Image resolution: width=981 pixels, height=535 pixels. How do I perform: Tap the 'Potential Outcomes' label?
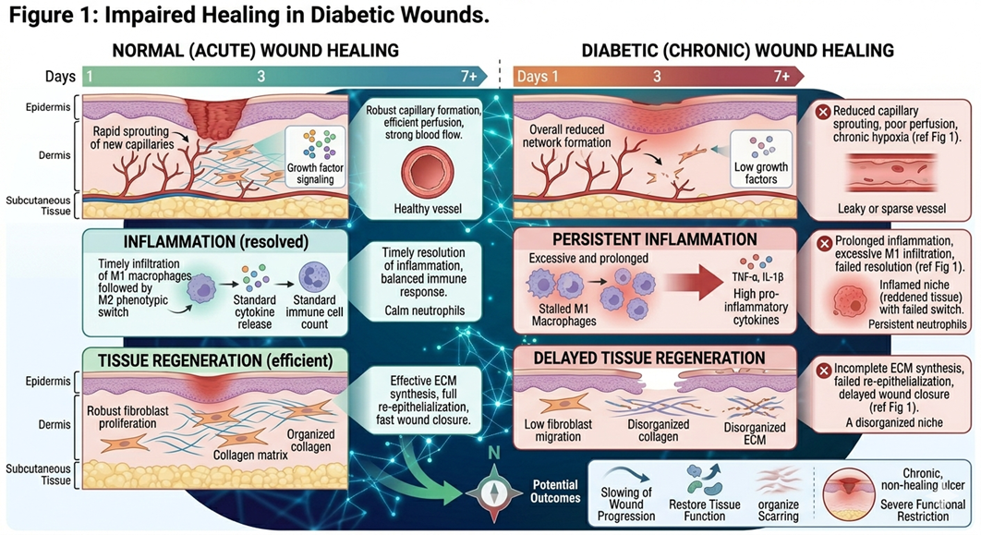coord(555,491)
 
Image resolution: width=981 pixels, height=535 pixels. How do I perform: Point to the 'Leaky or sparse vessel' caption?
coord(884,208)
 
